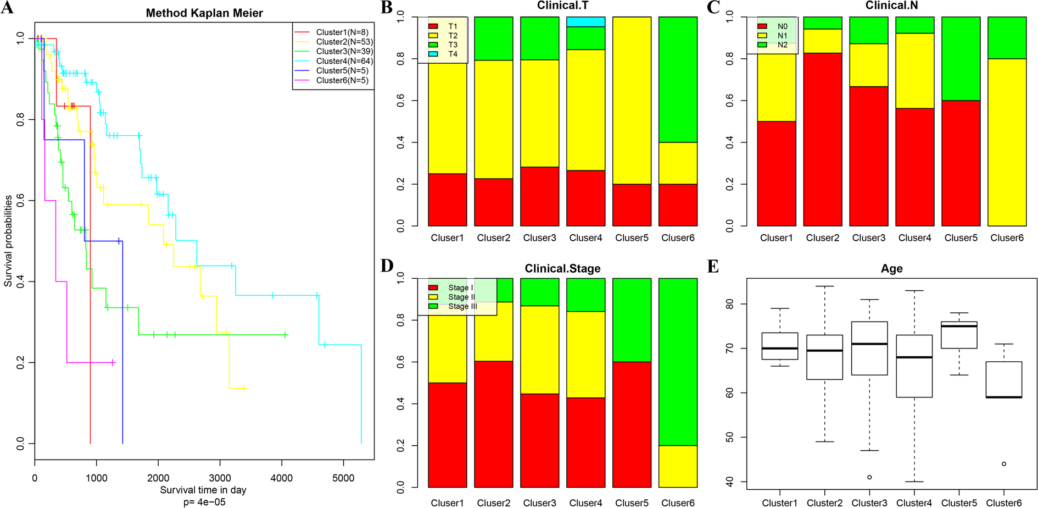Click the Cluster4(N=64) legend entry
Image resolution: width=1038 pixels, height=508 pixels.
tap(344, 61)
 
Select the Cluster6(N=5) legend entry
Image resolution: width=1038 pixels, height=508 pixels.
tap(342, 80)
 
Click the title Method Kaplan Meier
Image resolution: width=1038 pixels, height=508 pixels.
tap(204, 13)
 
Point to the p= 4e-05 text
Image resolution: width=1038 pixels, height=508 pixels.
tap(204, 501)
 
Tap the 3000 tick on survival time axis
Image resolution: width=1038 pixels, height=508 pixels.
tap(220, 478)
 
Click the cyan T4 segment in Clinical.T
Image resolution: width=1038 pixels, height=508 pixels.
tap(585, 21)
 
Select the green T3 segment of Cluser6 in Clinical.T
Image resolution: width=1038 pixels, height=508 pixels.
tap(678, 80)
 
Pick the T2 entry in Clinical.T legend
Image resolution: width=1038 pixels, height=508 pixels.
tap(452, 36)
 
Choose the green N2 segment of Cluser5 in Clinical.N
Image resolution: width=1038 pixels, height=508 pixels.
tap(961, 58)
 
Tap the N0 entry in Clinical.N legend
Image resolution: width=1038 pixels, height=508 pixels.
tap(782, 26)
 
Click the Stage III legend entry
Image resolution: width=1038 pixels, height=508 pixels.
tap(462, 306)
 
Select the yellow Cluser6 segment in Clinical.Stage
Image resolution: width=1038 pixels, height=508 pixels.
tap(678, 466)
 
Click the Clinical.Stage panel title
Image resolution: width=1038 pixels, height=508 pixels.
tap(562, 268)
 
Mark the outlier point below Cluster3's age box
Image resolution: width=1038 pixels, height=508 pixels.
tap(869, 477)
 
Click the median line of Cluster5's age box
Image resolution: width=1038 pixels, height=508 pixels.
tap(959, 326)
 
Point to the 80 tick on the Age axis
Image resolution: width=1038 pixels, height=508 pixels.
tap(730, 304)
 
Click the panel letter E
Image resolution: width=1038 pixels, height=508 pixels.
tap(713, 267)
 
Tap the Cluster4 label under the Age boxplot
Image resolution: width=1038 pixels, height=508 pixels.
tap(914, 503)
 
